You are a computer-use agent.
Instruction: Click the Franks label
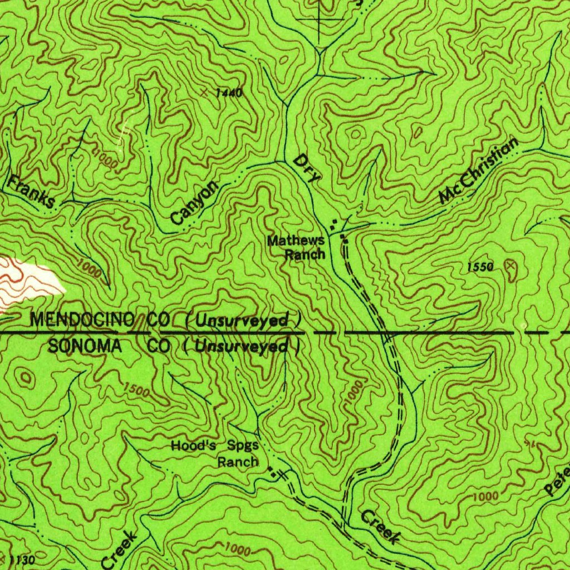32,191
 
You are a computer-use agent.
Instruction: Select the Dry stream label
307,169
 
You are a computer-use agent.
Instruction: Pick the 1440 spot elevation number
229,93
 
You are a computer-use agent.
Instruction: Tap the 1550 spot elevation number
480,268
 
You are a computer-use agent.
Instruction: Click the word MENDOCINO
82,320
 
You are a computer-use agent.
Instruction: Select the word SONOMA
85,346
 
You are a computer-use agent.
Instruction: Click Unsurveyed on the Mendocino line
243,321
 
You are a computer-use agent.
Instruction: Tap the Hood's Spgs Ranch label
215,453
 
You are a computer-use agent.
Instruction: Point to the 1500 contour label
137,390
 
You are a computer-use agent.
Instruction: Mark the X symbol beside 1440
206,91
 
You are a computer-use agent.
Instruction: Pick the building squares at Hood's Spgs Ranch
272,473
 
